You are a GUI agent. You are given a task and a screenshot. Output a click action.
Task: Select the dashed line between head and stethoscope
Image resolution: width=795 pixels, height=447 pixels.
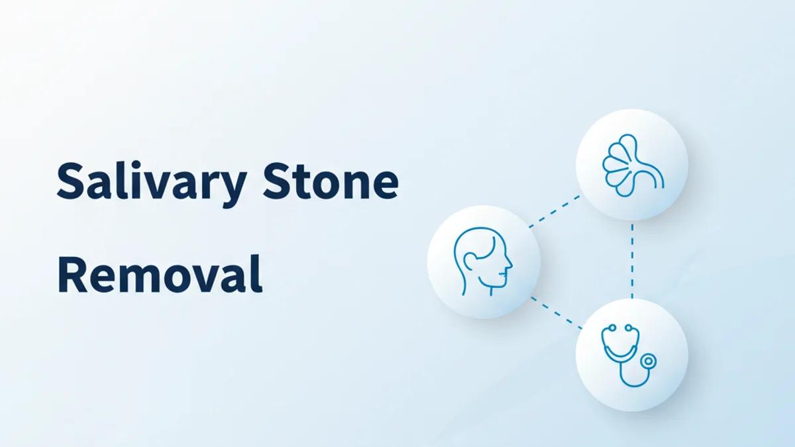tap(556, 313)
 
